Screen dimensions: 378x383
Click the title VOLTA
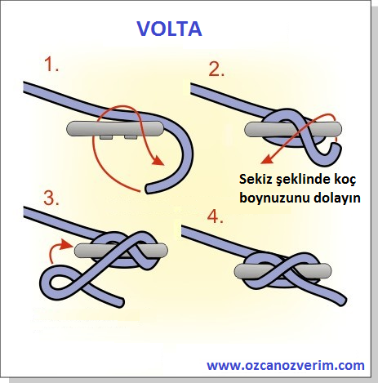[169, 29]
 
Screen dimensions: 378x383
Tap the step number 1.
[51, 65]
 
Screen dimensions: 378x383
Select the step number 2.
[216, 69]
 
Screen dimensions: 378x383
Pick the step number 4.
[215, 216]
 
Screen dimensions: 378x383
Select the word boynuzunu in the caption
[275, 198]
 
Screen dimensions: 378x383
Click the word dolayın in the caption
[337, 198]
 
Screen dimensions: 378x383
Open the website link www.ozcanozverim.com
[286, 365]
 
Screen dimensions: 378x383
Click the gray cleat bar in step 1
[115, 129]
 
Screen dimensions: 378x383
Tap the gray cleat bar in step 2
[293, 129]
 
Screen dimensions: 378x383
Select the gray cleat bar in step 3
[121, 251]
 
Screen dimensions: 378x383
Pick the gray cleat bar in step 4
[283, 271]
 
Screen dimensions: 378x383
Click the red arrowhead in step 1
[158, 161]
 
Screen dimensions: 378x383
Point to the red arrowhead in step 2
[266, 159]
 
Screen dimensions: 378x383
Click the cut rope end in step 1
[148, 189]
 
